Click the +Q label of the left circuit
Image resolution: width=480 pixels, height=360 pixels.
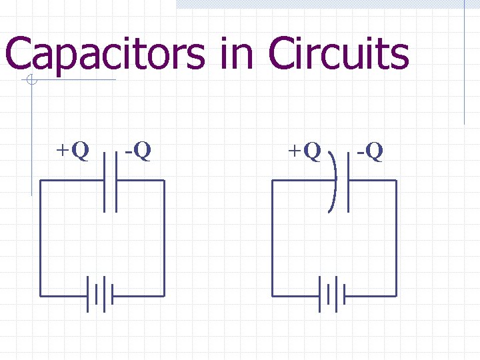point(71,151)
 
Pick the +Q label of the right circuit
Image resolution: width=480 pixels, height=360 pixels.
point(304,151)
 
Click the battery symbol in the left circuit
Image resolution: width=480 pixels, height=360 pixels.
point(100,295)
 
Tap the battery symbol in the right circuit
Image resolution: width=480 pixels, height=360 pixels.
point(332,295)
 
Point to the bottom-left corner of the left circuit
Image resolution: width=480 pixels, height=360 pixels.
point(41,295)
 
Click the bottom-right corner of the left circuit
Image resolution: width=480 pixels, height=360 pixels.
point(164,295)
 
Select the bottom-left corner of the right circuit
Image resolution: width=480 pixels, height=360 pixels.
point(273,295)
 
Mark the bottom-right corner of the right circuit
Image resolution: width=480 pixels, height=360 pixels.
point(396,295)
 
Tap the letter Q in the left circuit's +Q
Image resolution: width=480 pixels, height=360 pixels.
point(79,151)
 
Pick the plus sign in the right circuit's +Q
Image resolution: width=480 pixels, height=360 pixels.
point(294,151)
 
